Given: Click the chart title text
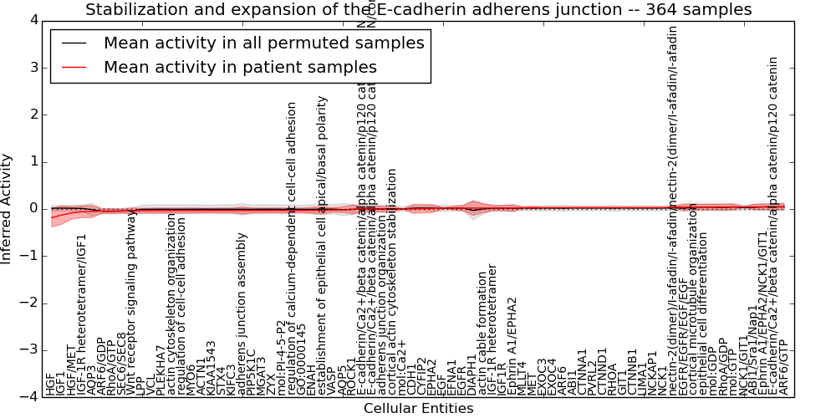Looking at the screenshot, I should click(x=418, y=10).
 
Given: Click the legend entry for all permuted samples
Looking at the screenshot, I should click(x=263, y=43).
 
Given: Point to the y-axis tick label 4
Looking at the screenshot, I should click(x=32, y=20).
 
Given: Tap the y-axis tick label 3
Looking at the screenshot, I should click(x=32, y=67).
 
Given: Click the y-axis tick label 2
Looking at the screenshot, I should click(x=32, y=115).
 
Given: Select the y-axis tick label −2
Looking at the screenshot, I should click(x=28, y=303).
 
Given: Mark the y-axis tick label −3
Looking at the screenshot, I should click(x=28, y=350).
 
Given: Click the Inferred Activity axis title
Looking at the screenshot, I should click(x=8, y=209).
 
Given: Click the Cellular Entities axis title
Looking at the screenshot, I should click(x=418, y=409).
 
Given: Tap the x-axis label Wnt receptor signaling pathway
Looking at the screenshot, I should click(x=132, y=304).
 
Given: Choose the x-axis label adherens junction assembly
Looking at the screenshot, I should click(x=242, y=313).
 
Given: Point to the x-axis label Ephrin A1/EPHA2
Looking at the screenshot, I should click(x=512, y=345).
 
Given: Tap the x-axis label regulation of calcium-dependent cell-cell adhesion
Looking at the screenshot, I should click(x=292, y=249).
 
